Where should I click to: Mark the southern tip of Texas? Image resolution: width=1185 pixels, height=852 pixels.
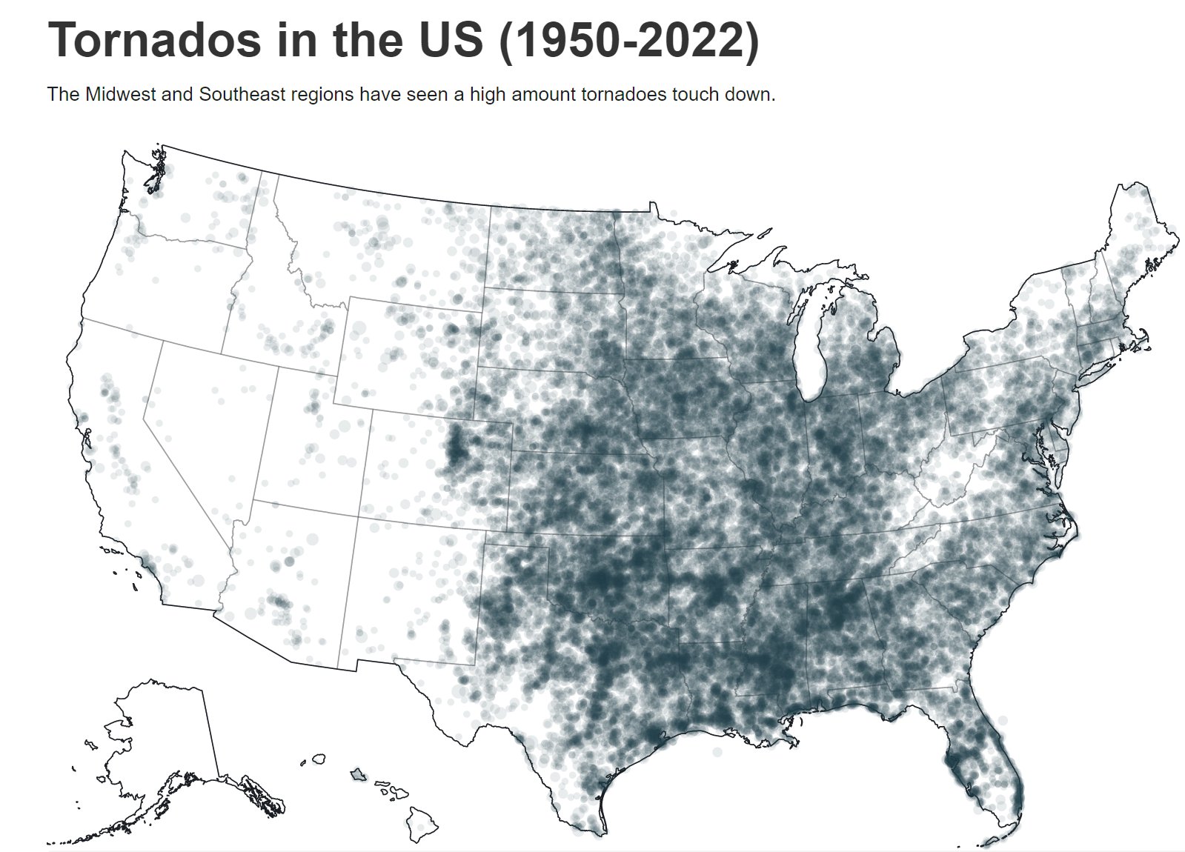click(597, 830)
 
